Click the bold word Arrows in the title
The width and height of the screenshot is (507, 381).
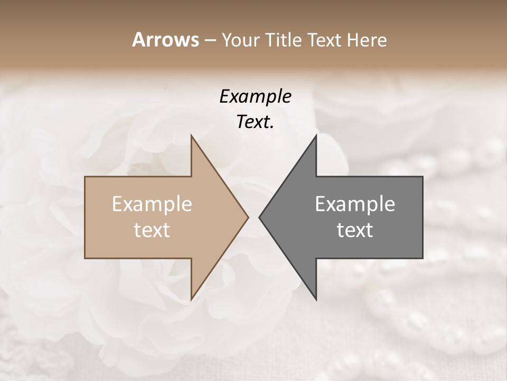point(165,40)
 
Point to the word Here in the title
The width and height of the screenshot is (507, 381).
point(368,40)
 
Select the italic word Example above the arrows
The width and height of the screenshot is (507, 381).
point(256,97)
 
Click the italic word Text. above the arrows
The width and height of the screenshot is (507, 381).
point(256,122)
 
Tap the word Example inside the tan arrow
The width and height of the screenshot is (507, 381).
point(152,204)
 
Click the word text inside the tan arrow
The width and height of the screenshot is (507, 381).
point(152,230)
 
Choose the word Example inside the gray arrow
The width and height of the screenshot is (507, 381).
point(355,204)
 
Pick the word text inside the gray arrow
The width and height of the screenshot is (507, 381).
point(355,230)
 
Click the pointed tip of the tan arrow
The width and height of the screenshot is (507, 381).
point(248,217)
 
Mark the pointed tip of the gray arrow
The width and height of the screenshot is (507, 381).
point(259,217)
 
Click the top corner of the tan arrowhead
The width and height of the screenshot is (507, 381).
point(191,135)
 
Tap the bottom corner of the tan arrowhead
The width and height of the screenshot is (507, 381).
point(191,300)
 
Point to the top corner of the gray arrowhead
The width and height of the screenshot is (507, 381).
point(316,135)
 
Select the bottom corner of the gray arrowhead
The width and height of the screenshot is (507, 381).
point(316,300)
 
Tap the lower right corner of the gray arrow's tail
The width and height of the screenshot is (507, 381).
point(422,258)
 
